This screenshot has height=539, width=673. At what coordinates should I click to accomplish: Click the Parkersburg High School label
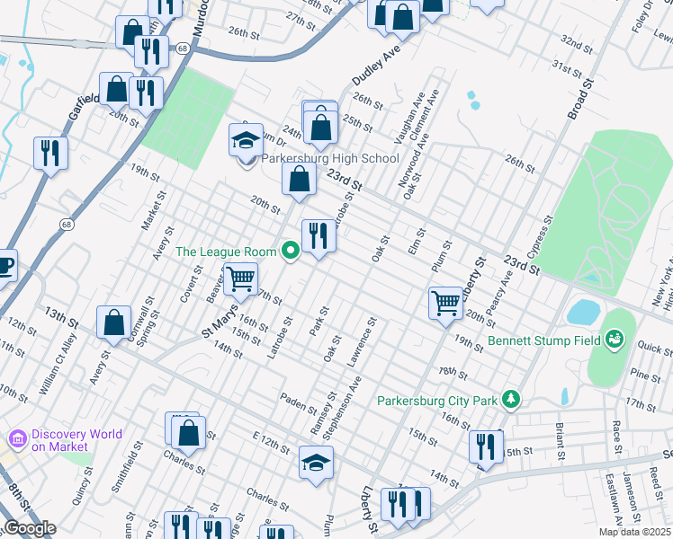(x=330, y=159)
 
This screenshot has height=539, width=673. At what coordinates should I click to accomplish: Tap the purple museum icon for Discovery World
(x=16, y=440)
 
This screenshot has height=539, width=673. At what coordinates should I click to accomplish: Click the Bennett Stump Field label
(x=544, y=341)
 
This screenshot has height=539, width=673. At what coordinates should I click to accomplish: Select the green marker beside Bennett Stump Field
(x=615, y=340)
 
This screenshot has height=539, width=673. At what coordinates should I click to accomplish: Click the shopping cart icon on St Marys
(x=240, y=279)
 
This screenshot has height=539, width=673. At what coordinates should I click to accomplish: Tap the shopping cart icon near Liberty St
(x=445, y=302)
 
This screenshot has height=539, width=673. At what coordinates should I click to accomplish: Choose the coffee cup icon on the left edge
(x=4, y=267)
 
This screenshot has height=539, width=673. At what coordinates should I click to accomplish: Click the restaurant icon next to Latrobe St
(x=318, y=236)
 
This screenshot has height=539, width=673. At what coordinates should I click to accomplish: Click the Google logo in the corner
(x=30, y=528)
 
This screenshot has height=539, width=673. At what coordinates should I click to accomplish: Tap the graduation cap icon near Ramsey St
(x=316, y=463)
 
